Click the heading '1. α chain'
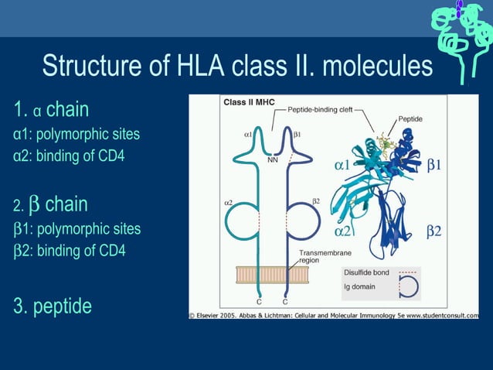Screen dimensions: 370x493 click(51, 108)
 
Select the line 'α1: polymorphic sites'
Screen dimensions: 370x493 click(76, 134)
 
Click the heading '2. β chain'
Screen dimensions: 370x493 click(50, 205)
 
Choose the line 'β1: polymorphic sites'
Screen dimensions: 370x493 click(77, 229)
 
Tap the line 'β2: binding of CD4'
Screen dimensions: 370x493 click(70, 250)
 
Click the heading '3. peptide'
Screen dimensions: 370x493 click(53, 306)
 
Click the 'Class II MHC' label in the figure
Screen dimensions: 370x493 click(249, 102)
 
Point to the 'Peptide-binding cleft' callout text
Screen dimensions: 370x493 click(320, 110)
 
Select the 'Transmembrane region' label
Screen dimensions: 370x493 click(318, 257)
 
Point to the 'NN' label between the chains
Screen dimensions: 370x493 click(272, 161)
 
